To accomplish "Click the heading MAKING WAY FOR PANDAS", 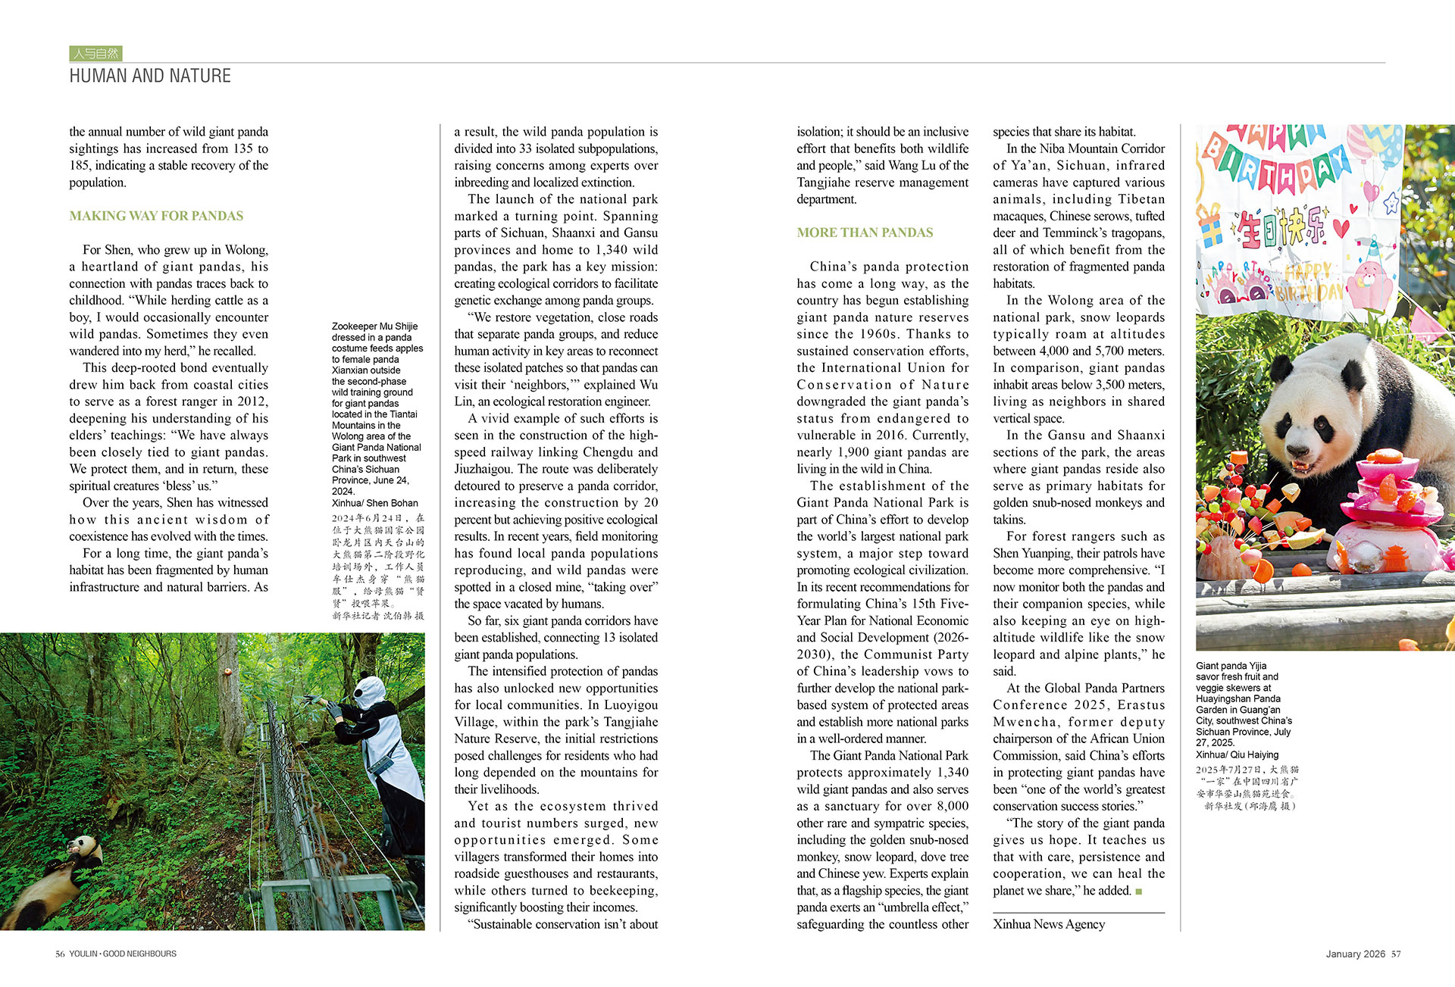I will tap(156, 216).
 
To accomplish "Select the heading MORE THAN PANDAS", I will tap(865, 233).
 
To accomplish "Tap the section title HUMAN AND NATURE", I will tap(150, 76).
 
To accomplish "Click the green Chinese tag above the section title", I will tap(95, 53).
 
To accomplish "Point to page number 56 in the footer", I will tap(60, 954).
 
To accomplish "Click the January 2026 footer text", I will tap(1355, 954).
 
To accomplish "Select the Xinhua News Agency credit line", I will tap(1049, 924).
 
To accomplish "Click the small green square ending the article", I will tap(1138, 892).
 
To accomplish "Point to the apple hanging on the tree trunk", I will tap(226, 651).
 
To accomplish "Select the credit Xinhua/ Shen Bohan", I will tap(374, 503).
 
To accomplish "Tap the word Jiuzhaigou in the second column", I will tap(486, 469).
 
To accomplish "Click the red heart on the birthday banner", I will tap(1341, 226).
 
